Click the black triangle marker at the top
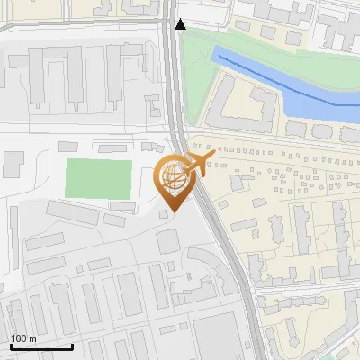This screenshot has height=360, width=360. [181, 24]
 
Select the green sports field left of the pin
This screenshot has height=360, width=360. [98, 179]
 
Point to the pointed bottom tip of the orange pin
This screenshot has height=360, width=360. [175, 212]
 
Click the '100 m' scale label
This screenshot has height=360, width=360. [23, 338]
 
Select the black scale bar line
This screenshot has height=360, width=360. [40, 346]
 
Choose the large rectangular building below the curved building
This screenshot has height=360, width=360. [215, 333]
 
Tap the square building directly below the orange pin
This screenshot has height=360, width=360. [168, 241]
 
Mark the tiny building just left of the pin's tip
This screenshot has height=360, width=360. [163, 214]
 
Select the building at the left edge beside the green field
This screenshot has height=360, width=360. [13, 165]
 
